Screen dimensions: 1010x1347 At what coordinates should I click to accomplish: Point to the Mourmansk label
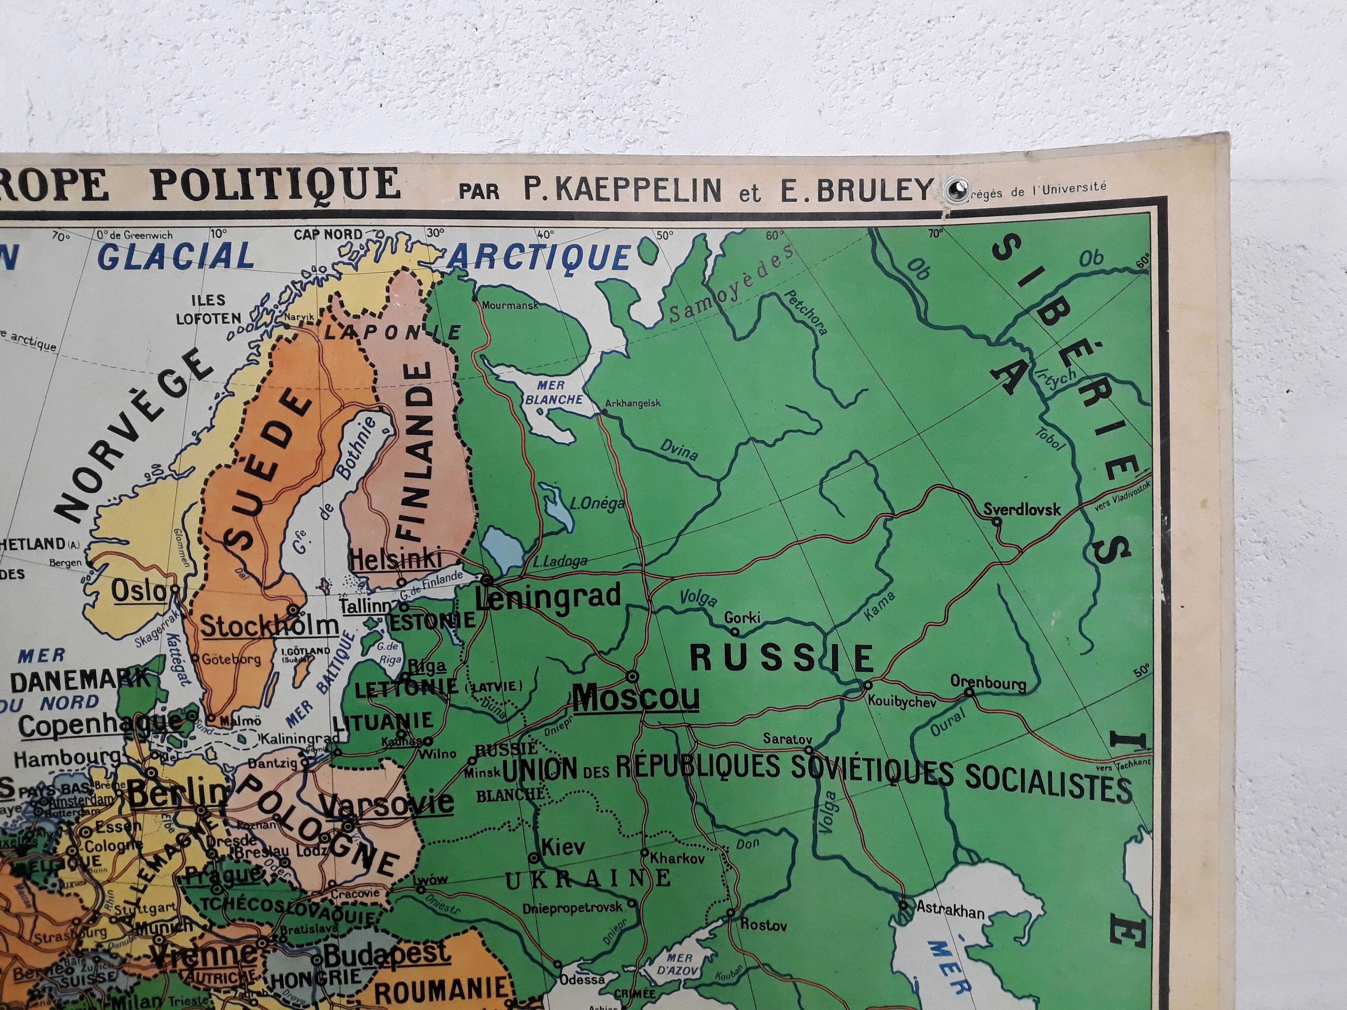510,306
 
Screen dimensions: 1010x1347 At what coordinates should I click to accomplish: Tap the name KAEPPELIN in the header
622,191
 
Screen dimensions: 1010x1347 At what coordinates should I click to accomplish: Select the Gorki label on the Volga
742,617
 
